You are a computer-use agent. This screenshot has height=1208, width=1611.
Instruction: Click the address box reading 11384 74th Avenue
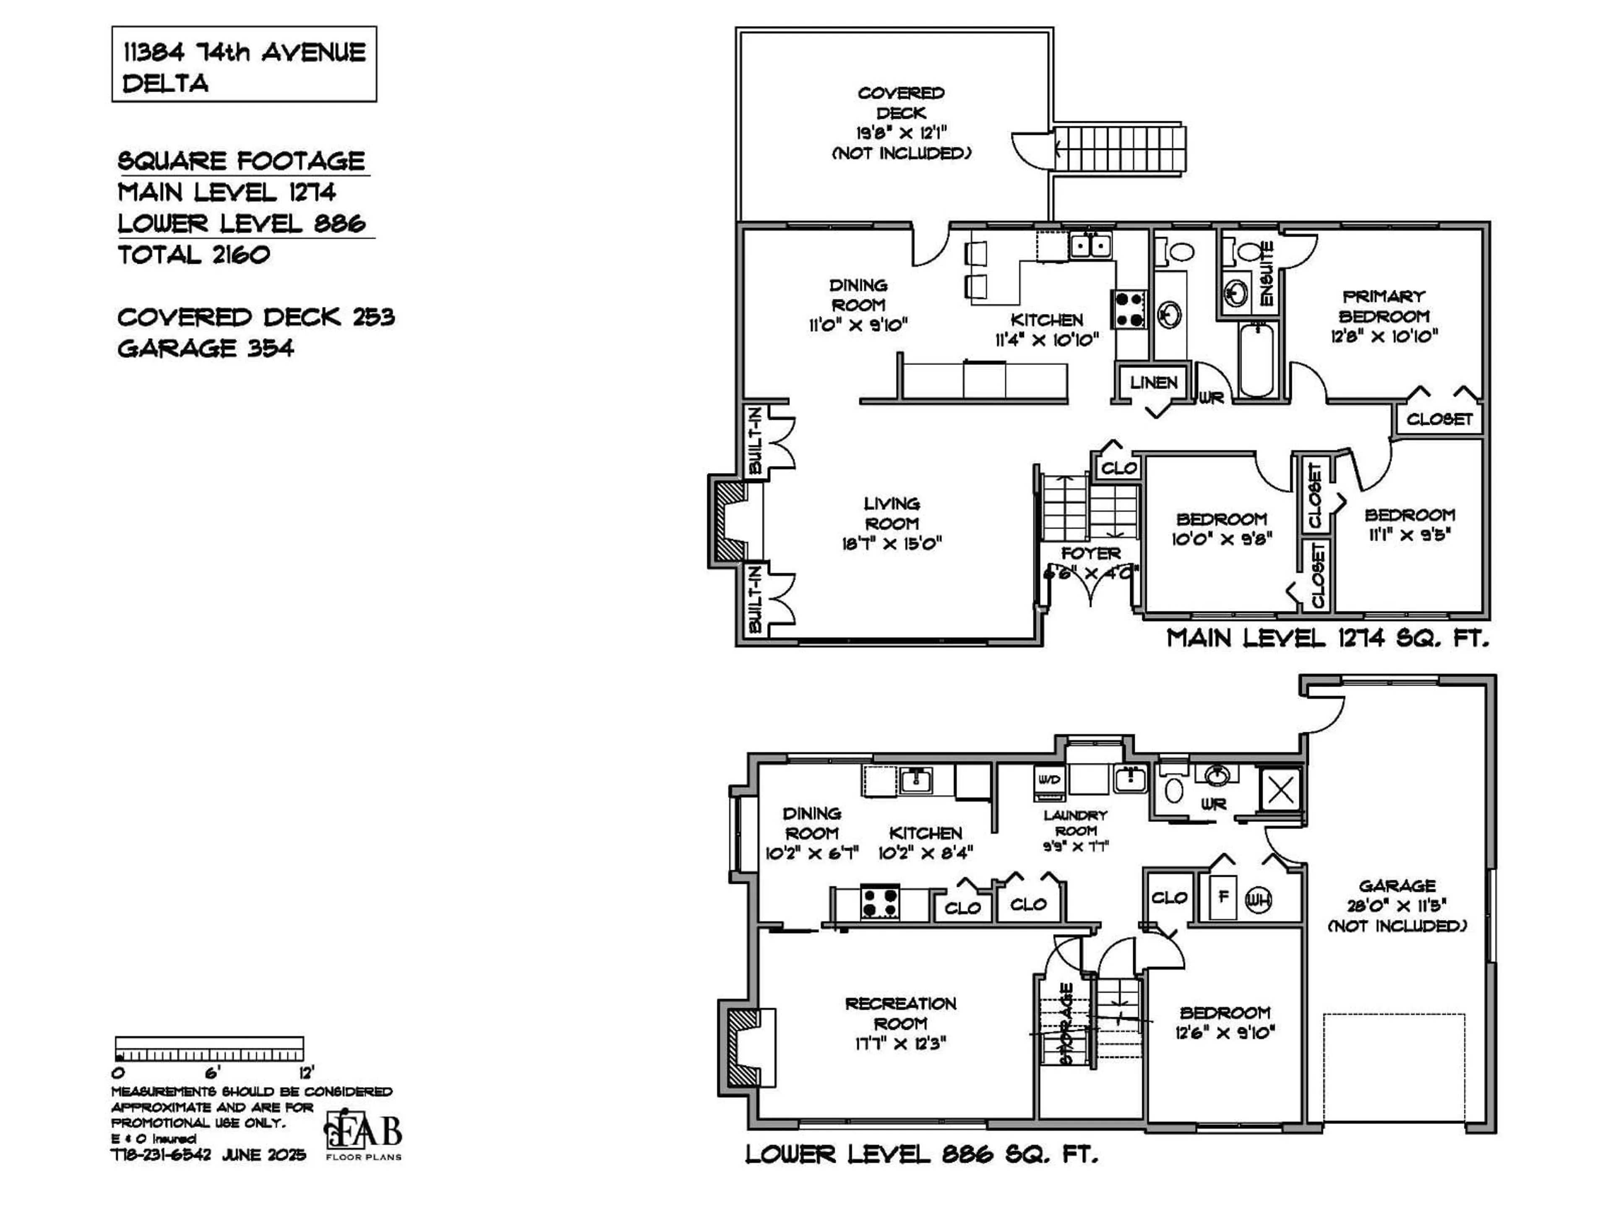[244, 64]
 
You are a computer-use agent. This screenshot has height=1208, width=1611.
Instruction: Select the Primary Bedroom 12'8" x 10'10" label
[1384, 316]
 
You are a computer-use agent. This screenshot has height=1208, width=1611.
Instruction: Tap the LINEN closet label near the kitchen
[1154, 382]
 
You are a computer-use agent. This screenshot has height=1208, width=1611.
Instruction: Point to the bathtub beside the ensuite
[1256, 359]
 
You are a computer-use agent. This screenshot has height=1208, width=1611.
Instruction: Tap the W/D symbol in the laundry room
[1050, 780]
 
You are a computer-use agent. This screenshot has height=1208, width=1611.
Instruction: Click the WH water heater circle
[1258, 901]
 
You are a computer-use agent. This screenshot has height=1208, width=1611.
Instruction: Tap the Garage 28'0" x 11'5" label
[1397, 905]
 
